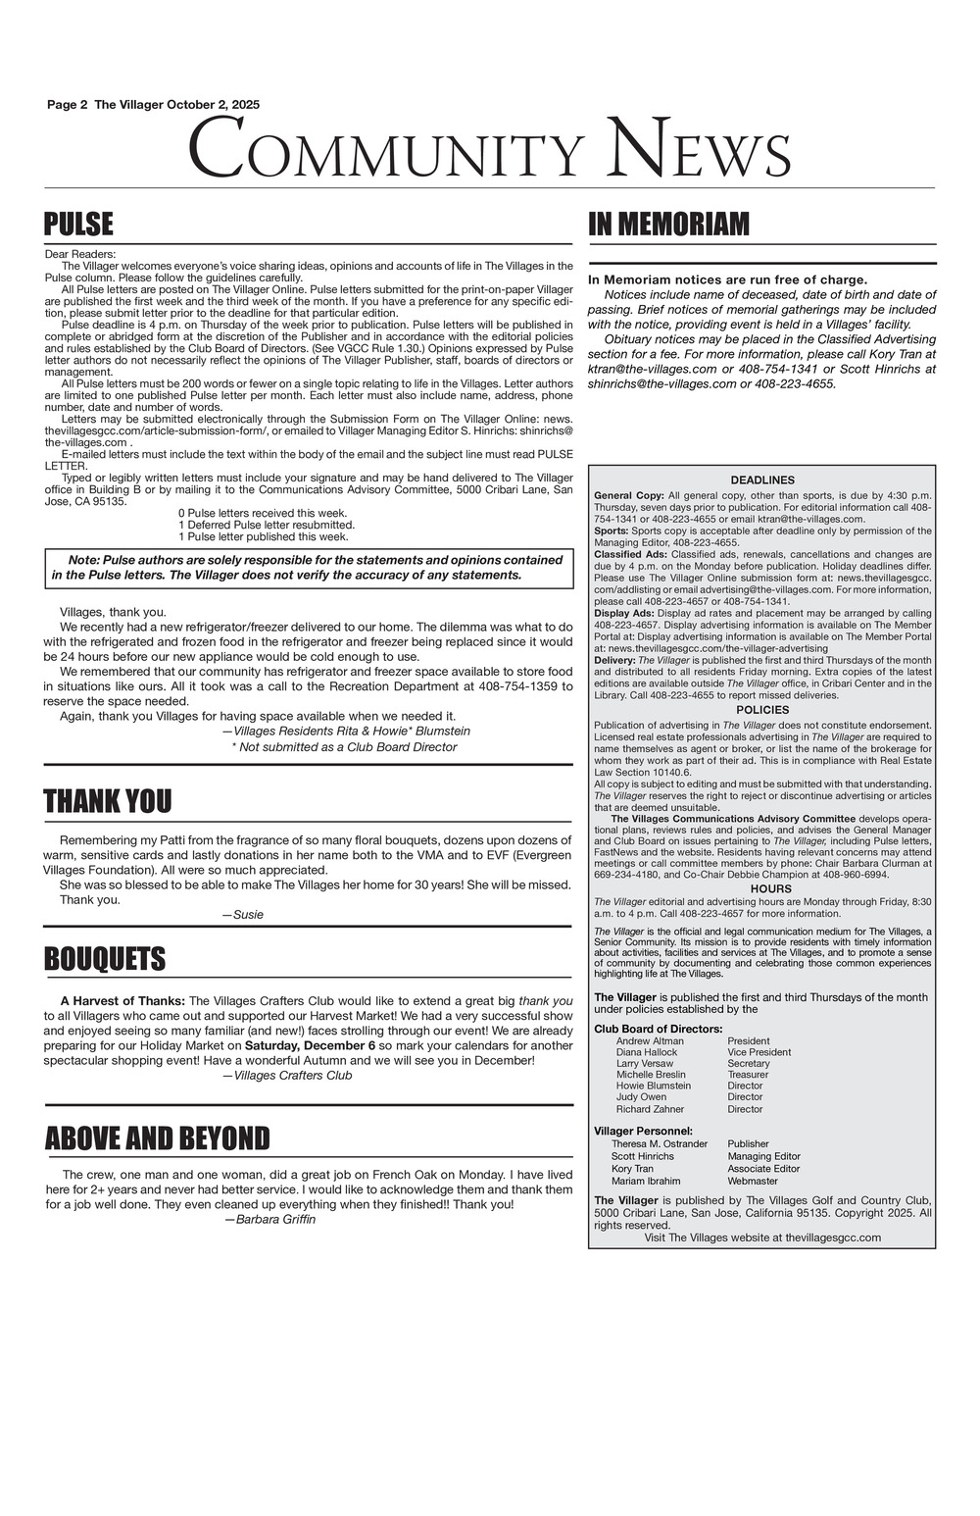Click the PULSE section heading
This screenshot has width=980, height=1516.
(79, 225)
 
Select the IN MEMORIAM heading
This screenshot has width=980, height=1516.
(668, 225)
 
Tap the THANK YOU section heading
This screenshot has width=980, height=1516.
(107, 801)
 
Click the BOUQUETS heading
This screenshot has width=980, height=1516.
(105, 958)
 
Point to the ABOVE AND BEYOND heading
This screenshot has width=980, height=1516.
(157, 1138)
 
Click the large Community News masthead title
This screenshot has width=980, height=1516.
(489, 148)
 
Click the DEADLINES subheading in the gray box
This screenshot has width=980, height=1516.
(761, 480)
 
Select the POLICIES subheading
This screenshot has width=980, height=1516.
(761, 709)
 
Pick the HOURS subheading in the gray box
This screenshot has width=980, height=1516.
(762, 888)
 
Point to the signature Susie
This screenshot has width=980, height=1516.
(243, 915)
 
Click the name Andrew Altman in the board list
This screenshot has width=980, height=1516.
(650, 1041)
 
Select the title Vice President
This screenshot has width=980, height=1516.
(759, 1052)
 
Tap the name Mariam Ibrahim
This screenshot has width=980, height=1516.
(646, 1181)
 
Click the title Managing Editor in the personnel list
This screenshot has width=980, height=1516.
(763, 1156)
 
